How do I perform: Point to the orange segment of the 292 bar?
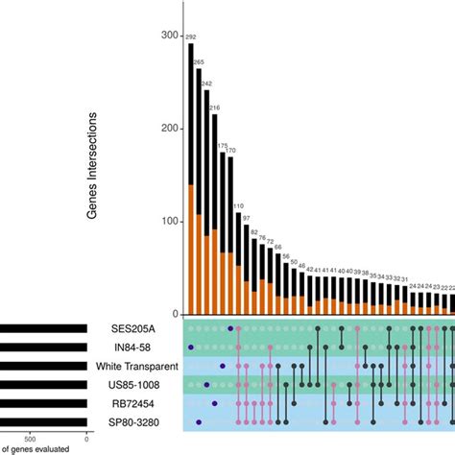(191, 250)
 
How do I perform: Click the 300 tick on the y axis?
(169, 36)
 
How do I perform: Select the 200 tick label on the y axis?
(169, 129)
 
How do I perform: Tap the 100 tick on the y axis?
(169, 222)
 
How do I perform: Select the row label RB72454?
(147, 403)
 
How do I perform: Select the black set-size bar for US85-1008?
(43, 385)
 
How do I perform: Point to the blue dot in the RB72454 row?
(213, 403)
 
